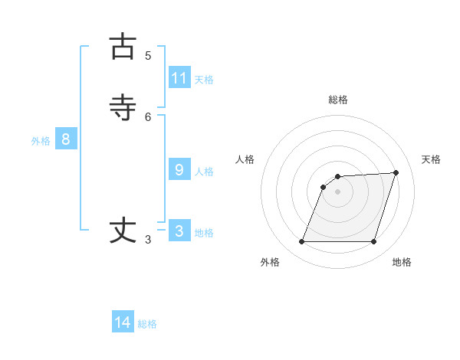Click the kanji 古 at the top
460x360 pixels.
pos(123,47)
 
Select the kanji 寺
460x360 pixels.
pos(123,108)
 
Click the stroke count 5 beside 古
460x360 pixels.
pos(148,56)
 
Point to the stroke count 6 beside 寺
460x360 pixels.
pos(148,116)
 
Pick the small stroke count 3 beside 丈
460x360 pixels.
pos(148,240)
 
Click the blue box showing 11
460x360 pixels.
pos(179,78)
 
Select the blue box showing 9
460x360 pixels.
pos(179,170)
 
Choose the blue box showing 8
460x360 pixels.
pos(66,139)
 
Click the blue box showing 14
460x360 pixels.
pos(123,322)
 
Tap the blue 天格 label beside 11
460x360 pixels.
pos(204,80)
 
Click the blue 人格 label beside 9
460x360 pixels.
pos(204,172)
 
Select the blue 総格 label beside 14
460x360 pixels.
pos(147,324)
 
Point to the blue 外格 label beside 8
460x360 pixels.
pos(41,141)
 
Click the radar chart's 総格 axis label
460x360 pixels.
pos(338,100)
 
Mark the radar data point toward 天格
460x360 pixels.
pos(396,172)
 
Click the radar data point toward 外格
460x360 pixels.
pos(302,242)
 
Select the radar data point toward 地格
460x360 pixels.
pos(373,242)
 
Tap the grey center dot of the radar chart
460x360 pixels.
pos(338,191)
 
